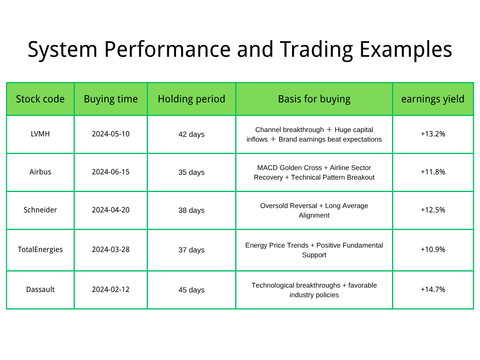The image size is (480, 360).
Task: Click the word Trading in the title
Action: (316, 50)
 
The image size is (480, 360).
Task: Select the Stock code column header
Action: (40, 99)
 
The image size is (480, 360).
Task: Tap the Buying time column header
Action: (111, 99)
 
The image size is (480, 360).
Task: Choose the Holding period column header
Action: (191, 99)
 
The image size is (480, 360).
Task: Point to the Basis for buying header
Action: (314, 99)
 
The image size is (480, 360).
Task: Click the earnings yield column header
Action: (433, 99)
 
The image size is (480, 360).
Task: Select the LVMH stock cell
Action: (40, 134)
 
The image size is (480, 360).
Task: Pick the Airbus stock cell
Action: (40, 172)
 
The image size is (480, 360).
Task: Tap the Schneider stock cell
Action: (40, 210)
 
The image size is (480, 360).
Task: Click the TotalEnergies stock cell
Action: (40, 249)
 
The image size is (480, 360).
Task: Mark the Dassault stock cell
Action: (40, 289)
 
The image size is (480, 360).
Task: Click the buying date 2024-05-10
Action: (111, 134)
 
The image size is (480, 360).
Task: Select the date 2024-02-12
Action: (111, 289)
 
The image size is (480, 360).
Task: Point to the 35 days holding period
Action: (191, 172)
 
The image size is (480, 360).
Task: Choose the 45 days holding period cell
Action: (191, 290)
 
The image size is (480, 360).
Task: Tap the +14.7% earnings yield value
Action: (433, 289)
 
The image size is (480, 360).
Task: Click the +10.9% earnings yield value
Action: (433, 249)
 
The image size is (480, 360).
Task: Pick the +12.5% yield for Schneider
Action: (433, 210)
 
